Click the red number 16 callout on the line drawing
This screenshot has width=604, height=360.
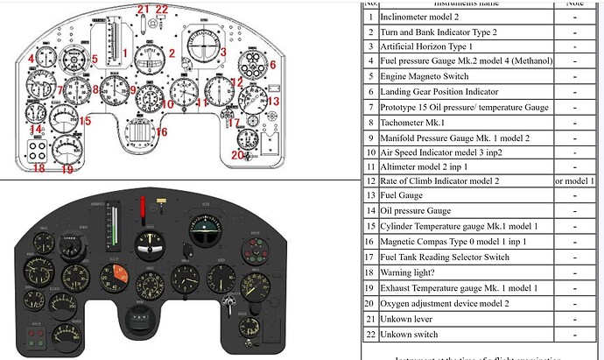point(160,132)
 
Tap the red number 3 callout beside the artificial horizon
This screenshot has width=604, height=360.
point(223,53)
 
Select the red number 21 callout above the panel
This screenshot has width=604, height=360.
point(143,10)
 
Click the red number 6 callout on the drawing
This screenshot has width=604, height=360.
point(271,65)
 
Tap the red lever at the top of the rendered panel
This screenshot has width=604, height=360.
point(143,210)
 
